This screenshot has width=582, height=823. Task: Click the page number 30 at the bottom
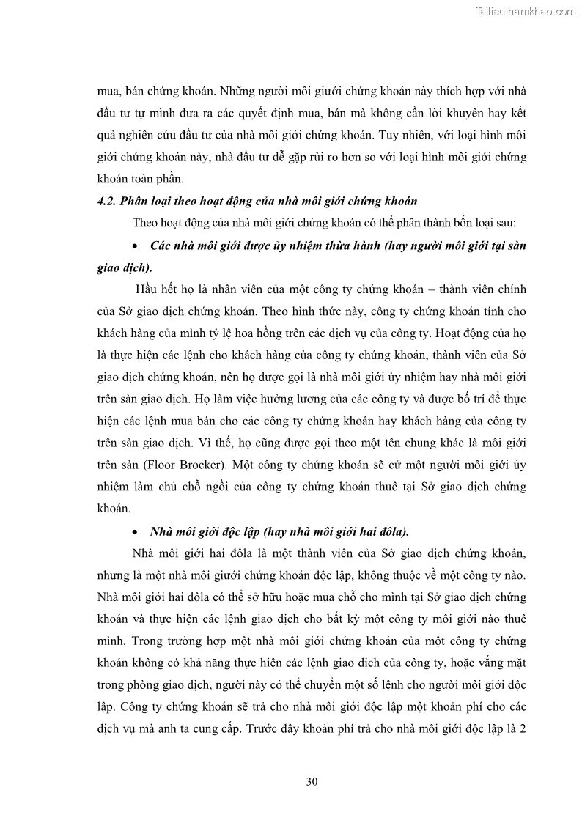pos(312,781)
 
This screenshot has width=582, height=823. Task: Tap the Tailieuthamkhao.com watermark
pos(526,11)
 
